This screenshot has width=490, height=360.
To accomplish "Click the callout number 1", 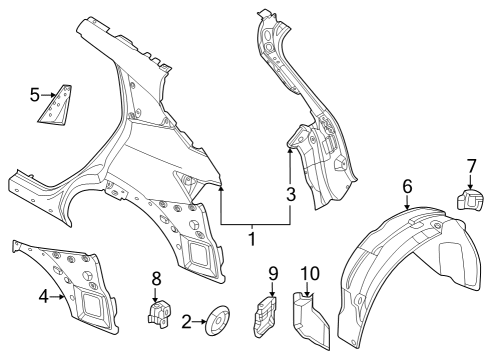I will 252,239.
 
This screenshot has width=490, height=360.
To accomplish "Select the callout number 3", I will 292,195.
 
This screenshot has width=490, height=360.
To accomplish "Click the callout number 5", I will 34,95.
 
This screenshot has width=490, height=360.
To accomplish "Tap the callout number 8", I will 156,277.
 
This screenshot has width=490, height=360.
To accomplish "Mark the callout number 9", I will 272,273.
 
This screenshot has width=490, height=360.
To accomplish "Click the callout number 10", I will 309,272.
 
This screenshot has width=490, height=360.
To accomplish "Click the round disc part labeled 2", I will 215,321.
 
